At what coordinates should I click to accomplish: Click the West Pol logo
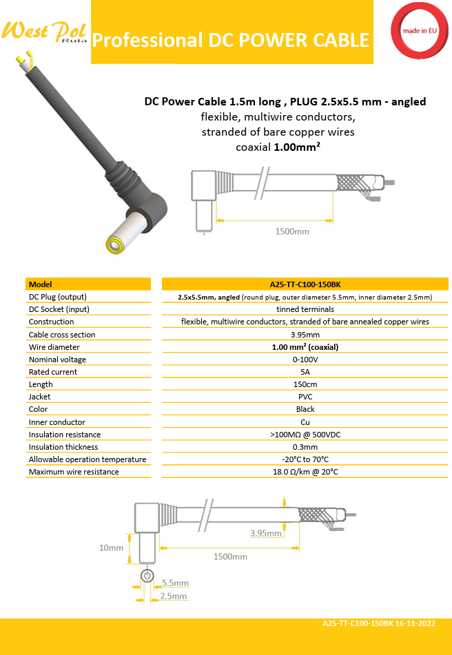[44, 32]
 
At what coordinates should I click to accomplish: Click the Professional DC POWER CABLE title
[231, 40]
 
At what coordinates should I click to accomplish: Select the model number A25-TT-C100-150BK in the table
[305, 284]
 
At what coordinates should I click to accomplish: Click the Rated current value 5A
[305, 372]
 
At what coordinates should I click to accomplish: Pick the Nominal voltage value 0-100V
[305, 360]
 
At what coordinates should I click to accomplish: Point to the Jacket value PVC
[305, 397]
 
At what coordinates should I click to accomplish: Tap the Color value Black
[305, 409]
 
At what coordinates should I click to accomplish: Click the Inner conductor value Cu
[305, 422]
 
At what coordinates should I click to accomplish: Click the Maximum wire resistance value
[305, 472]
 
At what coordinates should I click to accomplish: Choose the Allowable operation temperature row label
[88, 459]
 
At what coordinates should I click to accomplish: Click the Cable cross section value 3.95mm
[305, 335]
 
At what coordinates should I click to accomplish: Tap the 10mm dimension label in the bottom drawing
[111, 548]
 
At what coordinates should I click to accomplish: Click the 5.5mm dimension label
[174, 583]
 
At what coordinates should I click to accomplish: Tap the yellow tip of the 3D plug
[113, 244]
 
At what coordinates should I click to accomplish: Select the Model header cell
[41, 284]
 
